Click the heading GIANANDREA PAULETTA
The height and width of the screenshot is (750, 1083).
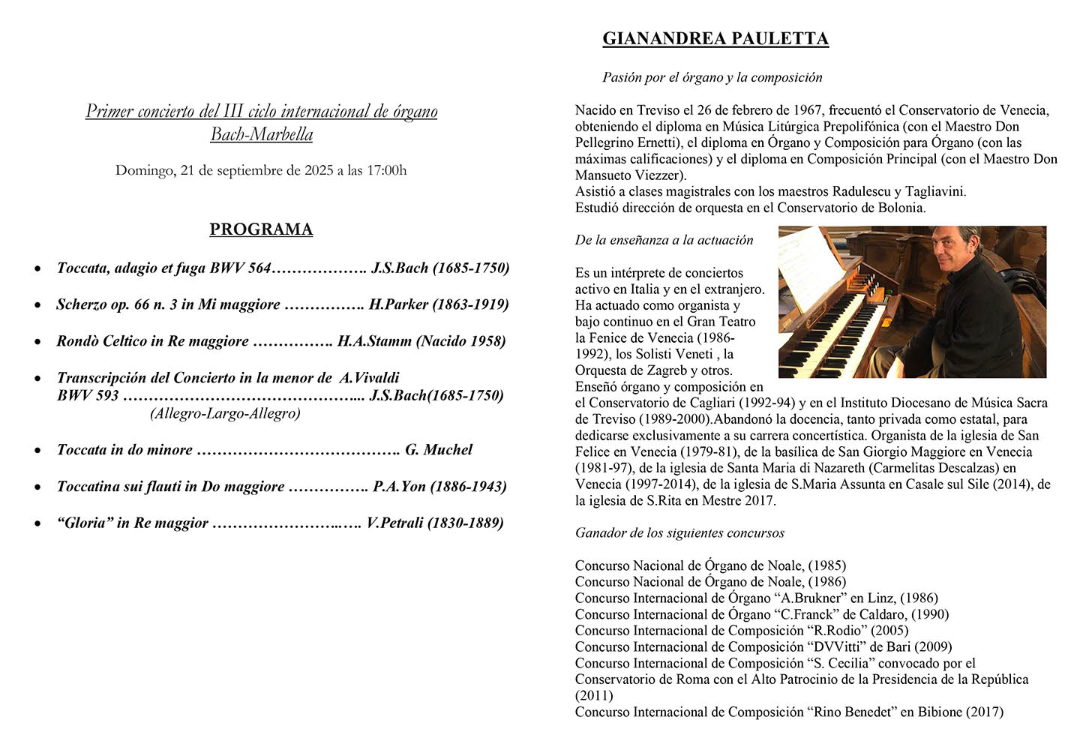715,39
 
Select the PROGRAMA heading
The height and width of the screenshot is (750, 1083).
261,229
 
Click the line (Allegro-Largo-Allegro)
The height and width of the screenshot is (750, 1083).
225,413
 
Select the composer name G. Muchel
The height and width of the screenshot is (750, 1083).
439,450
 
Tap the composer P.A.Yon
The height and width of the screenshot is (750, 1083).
399,487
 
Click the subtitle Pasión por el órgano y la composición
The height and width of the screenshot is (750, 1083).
712,77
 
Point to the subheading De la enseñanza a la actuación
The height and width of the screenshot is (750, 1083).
664,240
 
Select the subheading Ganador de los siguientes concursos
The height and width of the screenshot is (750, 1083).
679,533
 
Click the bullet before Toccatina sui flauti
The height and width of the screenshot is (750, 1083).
37,487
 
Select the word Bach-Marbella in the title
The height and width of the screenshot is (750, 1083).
261,135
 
